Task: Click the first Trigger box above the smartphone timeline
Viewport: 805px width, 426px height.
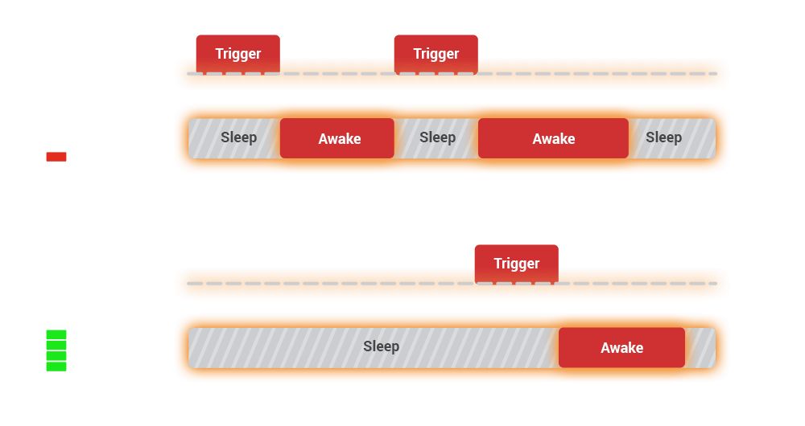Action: click(237, 54)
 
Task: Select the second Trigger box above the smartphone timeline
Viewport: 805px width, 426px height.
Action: click(436, 54)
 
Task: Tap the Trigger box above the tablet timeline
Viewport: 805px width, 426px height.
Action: click(516, 264)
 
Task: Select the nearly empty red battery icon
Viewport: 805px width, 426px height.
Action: click(56, 137)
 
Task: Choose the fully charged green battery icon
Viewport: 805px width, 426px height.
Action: click(56, 347)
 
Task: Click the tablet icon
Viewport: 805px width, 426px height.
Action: click(124, 348)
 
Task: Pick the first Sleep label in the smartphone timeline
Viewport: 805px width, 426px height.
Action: click(238, 137)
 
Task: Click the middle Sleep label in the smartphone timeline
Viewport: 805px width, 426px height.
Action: click(437, 137)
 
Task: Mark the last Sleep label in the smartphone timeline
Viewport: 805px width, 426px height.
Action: click(663, 137)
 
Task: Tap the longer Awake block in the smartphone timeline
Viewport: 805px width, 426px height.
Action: click(553, 138)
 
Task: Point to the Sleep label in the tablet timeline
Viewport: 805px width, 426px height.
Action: click(381, 346)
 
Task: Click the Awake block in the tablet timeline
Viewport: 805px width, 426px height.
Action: click(621, 347)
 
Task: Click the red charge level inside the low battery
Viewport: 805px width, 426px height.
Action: click(56, 157)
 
